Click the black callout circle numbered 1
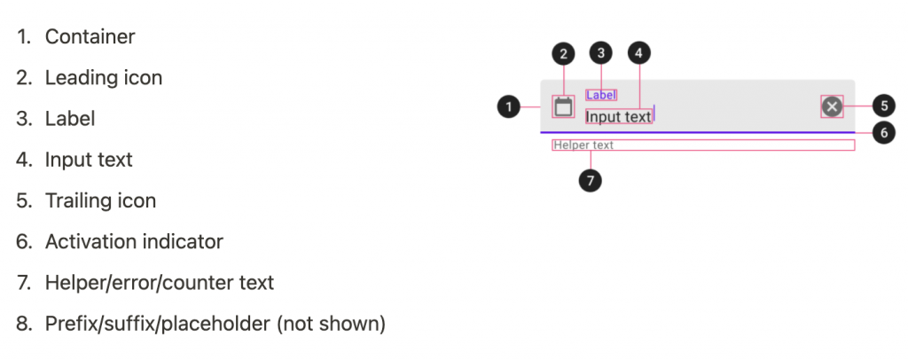(x=508, y=107)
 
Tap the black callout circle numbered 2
(x=563, y=53)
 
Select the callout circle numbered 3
(x=601, y=53)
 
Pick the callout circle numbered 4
(x=639, y=53)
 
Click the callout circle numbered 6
(x=884, y=132)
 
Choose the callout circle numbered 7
(x=590, y=181)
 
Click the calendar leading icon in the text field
(x=563, y=107)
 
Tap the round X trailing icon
(x=832, y=107)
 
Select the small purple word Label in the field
(x=601, y=95)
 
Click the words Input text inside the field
(x=619, y=116)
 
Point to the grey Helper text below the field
(x=583, y=145)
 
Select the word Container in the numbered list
(x=90, y=37)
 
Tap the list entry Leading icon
(x=104, y=78)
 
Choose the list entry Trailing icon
(x=101, y=201)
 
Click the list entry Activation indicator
(x=134, y=242)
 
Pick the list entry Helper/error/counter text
(x=160, y=283)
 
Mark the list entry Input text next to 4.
(x=89, y=160)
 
